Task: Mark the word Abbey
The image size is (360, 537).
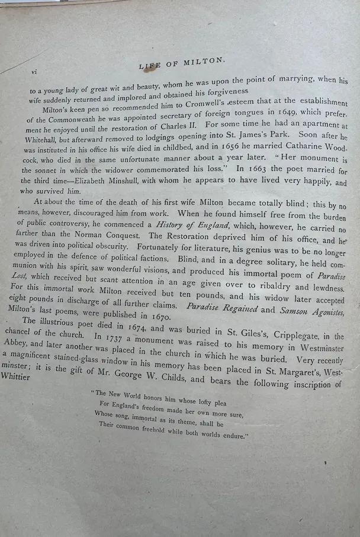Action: point(14,343)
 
